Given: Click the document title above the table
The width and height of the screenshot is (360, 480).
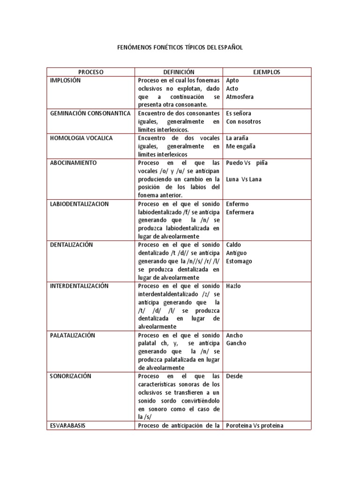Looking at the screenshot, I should point(180,48).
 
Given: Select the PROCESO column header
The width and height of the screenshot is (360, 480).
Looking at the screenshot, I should point(90,72).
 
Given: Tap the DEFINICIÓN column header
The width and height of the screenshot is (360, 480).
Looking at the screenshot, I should point(179,72).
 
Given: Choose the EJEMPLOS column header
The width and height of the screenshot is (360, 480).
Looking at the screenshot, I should point(266,72).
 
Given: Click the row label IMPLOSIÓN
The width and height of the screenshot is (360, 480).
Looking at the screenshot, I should point(65,81).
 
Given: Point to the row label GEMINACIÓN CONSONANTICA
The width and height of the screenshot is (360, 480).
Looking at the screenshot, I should point(87,113).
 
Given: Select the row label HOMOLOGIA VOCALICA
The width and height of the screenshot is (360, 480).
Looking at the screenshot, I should point(81,138).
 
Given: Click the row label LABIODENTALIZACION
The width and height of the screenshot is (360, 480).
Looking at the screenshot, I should point(79,204).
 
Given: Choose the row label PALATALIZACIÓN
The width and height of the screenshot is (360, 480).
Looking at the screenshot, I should point(72,335).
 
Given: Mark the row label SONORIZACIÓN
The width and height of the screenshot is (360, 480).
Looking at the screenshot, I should point(70,376).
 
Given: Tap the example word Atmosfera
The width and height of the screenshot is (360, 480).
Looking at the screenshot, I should point(240,97).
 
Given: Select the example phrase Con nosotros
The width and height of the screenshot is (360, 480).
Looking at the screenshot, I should point(243,122).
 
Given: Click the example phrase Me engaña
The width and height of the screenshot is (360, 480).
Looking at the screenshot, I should point(240,146).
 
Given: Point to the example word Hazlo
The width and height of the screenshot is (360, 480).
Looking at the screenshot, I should point(233,286).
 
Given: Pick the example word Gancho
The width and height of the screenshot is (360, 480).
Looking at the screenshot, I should point(236,344).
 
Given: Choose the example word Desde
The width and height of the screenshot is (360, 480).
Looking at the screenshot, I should point(234,376).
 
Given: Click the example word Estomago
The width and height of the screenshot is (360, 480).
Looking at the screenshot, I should point(239,262).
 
